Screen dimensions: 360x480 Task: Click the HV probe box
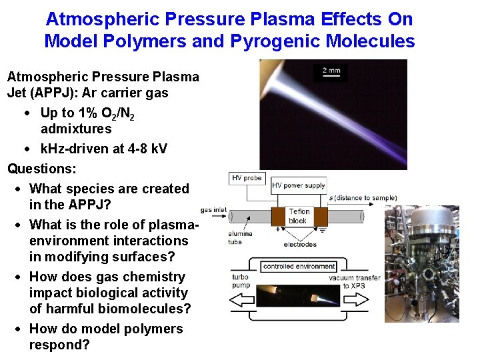246,178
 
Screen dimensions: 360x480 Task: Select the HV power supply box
298,185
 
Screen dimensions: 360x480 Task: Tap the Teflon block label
299,216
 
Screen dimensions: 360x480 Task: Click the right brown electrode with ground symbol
321,217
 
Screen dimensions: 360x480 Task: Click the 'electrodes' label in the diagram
299,245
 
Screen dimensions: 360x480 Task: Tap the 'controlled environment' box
298,266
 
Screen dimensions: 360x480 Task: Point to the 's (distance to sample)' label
363,197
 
